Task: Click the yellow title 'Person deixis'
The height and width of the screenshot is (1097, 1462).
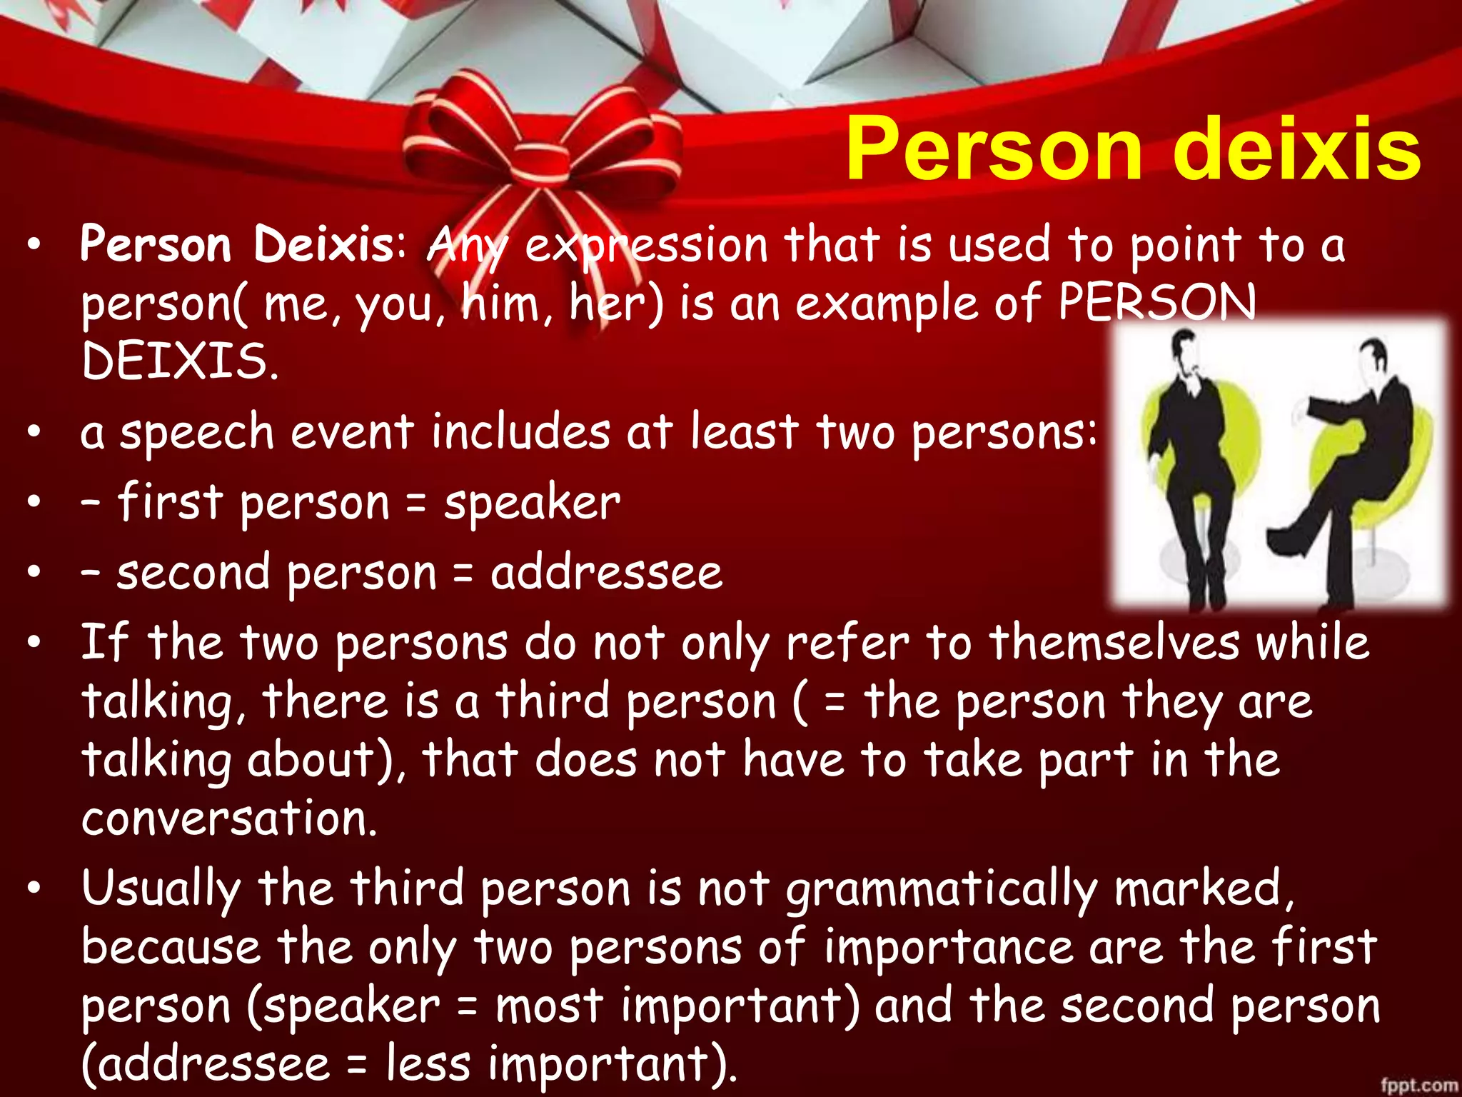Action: [1133, 150]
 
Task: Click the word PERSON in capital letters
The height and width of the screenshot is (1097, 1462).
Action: [1156, 302]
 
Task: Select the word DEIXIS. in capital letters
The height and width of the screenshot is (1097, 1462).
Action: [179, 361]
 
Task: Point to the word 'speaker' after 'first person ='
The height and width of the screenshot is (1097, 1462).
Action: [532, 504]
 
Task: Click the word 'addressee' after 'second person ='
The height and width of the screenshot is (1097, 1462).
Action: [606, 573]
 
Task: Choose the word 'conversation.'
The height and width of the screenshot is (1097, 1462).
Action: [228, 818]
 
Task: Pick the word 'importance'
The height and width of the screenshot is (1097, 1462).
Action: [948, 948]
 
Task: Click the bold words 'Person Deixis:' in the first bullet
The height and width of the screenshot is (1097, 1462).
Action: [243, 245]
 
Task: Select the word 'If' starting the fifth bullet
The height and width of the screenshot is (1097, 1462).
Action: [104, 643]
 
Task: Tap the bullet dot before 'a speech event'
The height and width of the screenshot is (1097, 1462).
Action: [34, 434]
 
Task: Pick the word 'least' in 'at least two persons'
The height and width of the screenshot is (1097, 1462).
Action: [744, 434]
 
